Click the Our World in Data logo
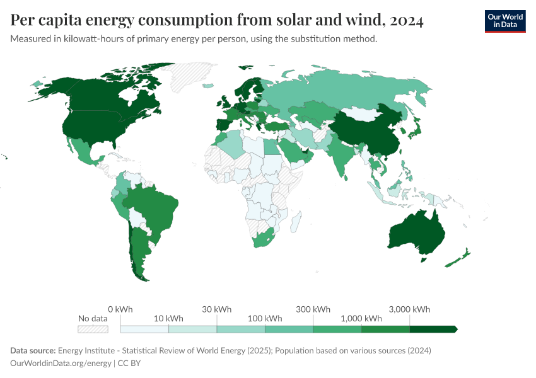click(x=504, y=21)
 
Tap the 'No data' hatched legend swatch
click(x=93, y=329)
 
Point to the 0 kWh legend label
click(x=120, y=309)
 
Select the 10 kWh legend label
click(x=168, y=318)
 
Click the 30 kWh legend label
click(x=216, y=309)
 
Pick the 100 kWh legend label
click(x=265, y=318)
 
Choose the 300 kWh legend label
click(x=313, y=309)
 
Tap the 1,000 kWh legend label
click(x=361, y=318)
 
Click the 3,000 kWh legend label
click(x=409, y=309)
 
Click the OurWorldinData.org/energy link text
click(x=61, y=364)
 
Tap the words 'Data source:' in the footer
click(x=33, y=350)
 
